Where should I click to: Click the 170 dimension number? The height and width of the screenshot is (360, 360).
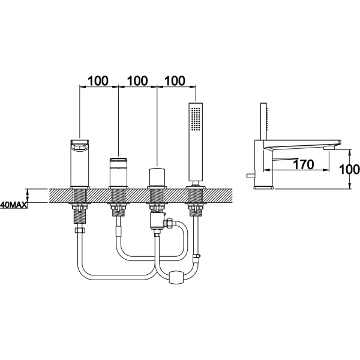pyautogui.click(x=303, y=164)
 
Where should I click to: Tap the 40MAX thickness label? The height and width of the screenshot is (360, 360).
pyautogui.click(x=14, y=205)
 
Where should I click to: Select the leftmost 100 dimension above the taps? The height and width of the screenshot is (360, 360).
pyautogui.click(x=98, y=81)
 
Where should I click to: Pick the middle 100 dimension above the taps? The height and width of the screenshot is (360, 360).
pyautogui.click(x=137, y=81)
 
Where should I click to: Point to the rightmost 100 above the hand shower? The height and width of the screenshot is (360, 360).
pyautogui.click(x=175, y=81)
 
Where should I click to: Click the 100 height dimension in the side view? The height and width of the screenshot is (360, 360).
pyautogui.click(x=349, y=170)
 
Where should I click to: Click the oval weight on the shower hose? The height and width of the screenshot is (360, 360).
pyautogui.click(x=177, y=277)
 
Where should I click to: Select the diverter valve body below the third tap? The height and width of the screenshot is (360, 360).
pyautogui.click(x=156, y=221)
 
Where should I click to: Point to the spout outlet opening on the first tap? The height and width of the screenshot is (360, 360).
pyautogui.click(x=79, y=146)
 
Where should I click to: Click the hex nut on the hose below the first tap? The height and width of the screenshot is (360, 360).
pyautogui.click(x=79, y=230)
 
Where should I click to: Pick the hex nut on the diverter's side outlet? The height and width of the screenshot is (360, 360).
pyautogui.click(x=170, y=223)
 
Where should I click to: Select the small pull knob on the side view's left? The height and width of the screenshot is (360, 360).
pyautogui.click(x=250, y=176)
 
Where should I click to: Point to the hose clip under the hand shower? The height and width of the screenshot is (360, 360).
pyautogui.click(x=197, y=257)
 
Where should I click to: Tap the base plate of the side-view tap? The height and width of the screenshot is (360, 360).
pyautogui.click(x=264, y=187)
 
